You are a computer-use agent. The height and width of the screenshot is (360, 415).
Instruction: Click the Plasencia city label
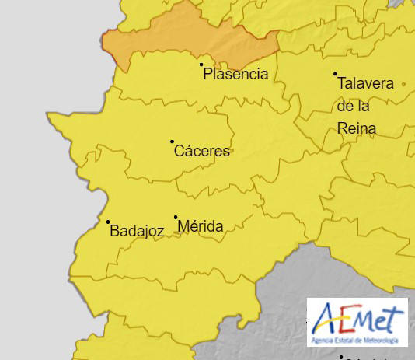pyautogui.click(x=235, y=75)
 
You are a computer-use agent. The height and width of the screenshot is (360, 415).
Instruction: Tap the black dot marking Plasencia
pyautogui.click(x=201, y=65)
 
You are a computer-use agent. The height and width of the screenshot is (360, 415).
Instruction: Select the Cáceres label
pyautogui.click(x=202, y=151)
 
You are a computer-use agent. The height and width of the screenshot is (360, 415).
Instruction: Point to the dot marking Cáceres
pyautogui.click(x=172, y=142)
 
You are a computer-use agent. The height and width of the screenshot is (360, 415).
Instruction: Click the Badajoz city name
pyautogui.click(x=137, y=231)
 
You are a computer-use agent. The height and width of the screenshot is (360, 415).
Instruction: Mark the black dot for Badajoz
pyautogui.click(x=108, y=222)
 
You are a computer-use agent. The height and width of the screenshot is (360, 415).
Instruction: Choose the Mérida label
pyautogui.click(x=201, y=227)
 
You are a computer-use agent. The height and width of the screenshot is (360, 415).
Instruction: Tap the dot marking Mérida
pyautogui.click(x=176, y=218)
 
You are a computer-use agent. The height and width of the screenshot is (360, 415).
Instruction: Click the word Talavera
pyautogui.click(x=366, y=83)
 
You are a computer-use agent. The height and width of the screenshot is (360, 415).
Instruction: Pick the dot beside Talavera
pyautogui.click(x=336, y=75)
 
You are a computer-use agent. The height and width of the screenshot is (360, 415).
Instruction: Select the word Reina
pyautogui.click(x=357, y=128)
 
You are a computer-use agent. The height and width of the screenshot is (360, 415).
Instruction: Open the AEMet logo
pyautogui.click(x=357, y=322)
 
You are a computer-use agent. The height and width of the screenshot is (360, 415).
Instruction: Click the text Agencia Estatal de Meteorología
pyautogui.click(x=357, y=341)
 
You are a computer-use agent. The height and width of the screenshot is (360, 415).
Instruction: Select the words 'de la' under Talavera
pyautogui.click(x=354, y=106)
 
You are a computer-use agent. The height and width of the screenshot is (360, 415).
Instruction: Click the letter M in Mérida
pyautogui.click(x=184, y=227)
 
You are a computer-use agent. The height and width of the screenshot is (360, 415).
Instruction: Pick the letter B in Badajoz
pyautogui.click(x=115, y=231)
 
